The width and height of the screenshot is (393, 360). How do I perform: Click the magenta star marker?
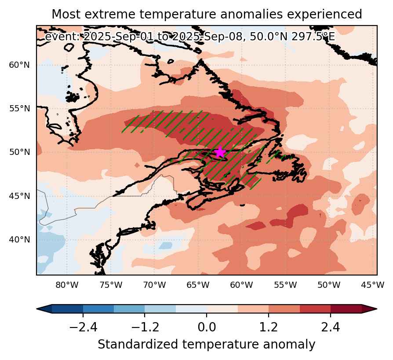click(x=220, y=152)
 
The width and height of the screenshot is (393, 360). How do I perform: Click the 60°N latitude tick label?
click(x=19, y=65)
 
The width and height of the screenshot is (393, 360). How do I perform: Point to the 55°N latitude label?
click(x=19, y=109)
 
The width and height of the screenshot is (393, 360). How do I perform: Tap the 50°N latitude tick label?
click(x=19, y=152)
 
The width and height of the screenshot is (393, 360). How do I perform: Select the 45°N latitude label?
click(x=19, y=196)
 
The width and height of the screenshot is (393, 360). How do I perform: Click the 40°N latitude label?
click(x=19, y=239)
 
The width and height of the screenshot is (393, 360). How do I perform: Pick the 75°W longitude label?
click(x=111, y=285)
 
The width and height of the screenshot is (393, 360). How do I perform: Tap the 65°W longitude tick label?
click(x=198, y=285)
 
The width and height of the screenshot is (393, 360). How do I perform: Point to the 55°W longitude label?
click(x=285, y=285)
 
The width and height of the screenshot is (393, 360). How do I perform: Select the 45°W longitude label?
click(x=373, y=285)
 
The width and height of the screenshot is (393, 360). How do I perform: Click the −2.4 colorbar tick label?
click(x=83, y=327)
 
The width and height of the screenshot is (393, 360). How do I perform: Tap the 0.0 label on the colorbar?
click(x=207, y=327)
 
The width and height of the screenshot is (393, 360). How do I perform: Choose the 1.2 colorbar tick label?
click(x=269, y=327)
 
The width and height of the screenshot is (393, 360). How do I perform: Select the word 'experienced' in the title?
click(x=324, y=15)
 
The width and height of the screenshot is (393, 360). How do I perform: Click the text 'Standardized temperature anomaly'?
click(x=207, y=345)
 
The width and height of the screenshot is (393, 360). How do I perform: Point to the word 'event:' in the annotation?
click(x=62, y=37)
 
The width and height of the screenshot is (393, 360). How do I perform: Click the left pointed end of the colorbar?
click(x=37, y=309)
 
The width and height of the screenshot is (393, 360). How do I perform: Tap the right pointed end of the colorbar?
click(x=377, y=309)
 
